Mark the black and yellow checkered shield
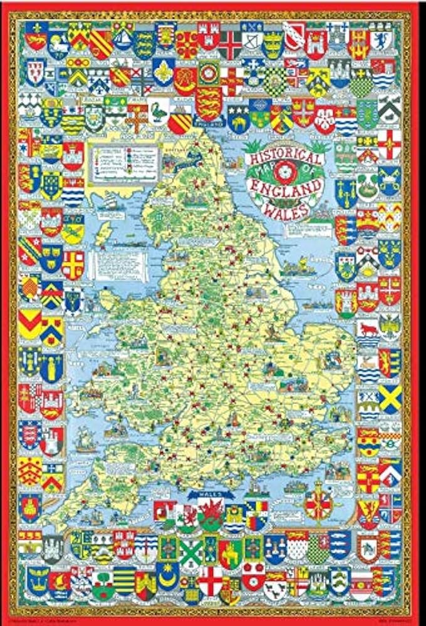[276, 79]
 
